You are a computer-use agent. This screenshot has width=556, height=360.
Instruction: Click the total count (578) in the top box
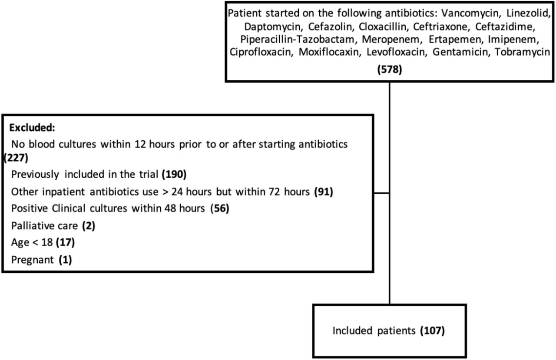(x=390, y=69)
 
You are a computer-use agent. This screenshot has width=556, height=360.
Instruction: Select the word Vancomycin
(x=470, y=13)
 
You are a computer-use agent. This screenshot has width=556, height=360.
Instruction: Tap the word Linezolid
(x=527, y=13)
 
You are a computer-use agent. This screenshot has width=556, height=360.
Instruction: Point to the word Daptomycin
(x=272, y=26)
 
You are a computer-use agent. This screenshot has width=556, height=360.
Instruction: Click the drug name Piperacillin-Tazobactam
(x=298, y=40)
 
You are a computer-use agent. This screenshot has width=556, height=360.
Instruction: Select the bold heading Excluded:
(x=32, y=128)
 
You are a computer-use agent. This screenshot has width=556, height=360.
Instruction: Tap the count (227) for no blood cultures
(x=16, y=158)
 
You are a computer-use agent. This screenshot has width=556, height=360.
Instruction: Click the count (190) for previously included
(x=174, y=174)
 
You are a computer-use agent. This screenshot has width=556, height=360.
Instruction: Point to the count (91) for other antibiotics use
(x=324, y=192)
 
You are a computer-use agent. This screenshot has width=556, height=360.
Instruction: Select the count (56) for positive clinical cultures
(x=220, y=208)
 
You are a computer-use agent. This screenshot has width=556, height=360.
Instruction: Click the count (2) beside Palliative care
(x=89, y=226)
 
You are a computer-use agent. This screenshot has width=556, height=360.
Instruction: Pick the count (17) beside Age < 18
(x=65, y=242)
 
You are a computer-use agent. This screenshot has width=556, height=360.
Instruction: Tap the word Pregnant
(x=33, y=260)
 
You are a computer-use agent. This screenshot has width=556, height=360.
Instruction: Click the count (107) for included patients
(x=432, y=330)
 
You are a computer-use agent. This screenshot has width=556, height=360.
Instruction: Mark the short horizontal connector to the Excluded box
(x=381, y=193)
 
